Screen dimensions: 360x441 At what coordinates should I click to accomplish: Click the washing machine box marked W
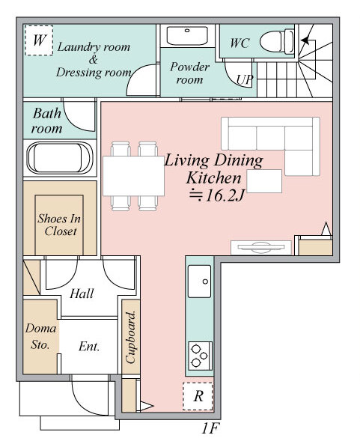click(x=39, y=40)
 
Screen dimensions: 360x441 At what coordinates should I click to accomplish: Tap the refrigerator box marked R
click(x=198, y=396)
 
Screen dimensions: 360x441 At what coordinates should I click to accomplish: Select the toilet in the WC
click(x=277, y=41)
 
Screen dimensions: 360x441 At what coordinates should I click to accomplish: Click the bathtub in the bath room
click(x=60, y=158)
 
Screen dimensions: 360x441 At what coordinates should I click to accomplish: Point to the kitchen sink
click(x=199, y=281)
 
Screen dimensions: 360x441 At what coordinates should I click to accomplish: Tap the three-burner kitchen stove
click(x=200, y=356)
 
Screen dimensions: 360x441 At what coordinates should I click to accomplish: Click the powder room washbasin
click(x=187, y=35)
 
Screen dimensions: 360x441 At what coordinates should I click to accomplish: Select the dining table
click(x=133, y=176)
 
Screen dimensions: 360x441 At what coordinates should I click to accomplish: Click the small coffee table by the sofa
click(x=264, y=181)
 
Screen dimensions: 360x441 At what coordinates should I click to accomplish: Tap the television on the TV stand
click(x=260, y=247)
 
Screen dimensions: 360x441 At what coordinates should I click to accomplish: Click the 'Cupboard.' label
click(x=131, y=337)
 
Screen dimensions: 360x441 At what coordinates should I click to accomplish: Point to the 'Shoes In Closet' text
click(x=60, y=225)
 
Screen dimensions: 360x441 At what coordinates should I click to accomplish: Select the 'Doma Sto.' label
click(x=40, y=336)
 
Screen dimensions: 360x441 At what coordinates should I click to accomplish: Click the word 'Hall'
click(x=82, y=294)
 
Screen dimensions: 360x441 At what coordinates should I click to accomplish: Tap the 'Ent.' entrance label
click(x=89, y=346)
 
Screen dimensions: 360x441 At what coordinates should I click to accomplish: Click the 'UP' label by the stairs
click(x=245, y=80)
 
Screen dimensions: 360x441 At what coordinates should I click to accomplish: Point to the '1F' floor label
click(x=210, y=428)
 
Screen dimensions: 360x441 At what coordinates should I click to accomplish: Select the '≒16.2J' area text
click(x=216, y=195)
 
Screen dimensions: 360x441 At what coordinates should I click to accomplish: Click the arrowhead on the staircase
click(x=305, y=40)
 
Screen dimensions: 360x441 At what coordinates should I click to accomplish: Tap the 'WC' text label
click(x=240, y=43)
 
